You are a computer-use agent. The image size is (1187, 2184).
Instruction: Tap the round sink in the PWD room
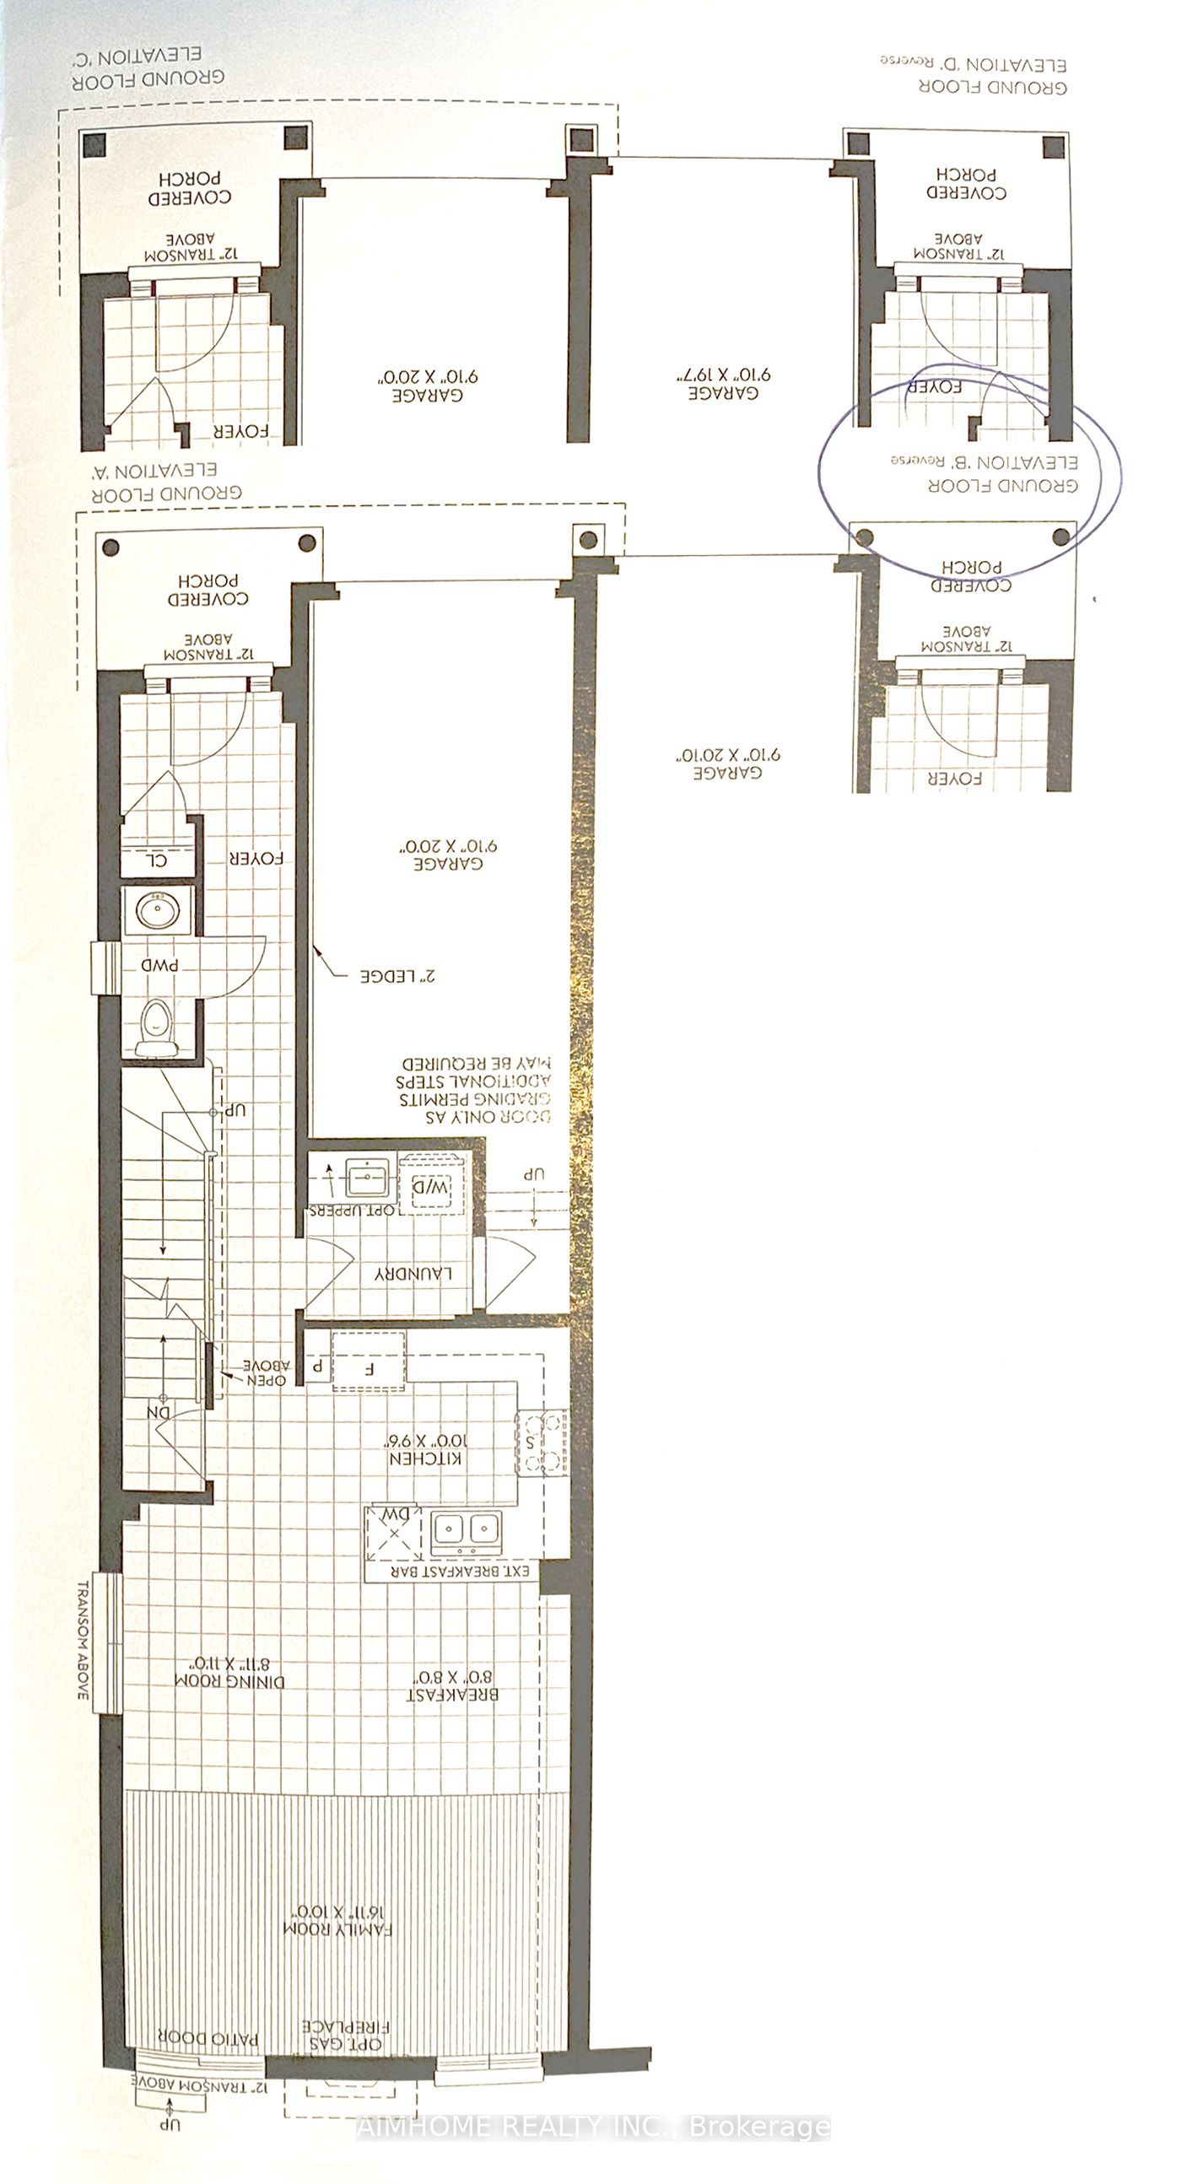[x=157, y=912]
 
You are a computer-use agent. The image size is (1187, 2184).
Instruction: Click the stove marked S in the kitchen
[x=541, y=1443]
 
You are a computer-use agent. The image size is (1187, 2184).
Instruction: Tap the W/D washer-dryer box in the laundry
[x=430, y=1187]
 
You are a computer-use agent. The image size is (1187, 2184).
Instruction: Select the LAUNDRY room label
[x=413, y=1274]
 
